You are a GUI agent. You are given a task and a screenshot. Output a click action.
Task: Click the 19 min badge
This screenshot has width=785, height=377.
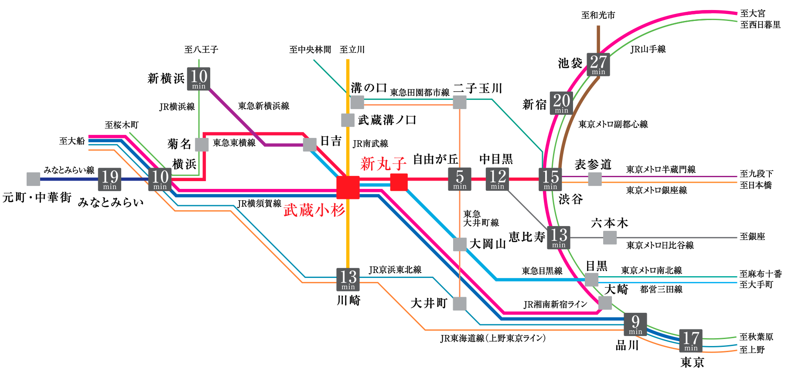pos(109,179)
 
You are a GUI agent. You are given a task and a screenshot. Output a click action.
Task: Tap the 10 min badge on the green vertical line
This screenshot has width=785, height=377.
pos(199,79)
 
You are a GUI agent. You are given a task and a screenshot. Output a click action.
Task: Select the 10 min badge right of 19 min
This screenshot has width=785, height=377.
pos(160,179)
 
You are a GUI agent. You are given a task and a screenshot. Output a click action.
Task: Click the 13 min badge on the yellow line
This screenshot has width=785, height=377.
pos(348,279)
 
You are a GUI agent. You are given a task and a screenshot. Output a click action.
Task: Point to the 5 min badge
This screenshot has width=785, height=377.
pos(460,179)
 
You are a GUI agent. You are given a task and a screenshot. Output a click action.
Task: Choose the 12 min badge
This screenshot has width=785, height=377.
pos(497,179)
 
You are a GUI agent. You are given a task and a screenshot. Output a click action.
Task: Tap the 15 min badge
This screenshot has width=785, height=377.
pos(550,179)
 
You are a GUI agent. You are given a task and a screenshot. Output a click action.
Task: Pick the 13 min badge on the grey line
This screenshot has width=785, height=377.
pos(559,238)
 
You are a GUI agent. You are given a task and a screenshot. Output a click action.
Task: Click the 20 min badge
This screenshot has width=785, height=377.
pos(561,103)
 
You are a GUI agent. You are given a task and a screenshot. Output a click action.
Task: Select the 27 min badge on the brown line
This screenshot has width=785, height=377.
pos(598,65)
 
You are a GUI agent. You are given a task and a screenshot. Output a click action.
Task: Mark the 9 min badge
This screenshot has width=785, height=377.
pos(635,324)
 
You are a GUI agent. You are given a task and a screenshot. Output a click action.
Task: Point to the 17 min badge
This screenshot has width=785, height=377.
pos(691,341)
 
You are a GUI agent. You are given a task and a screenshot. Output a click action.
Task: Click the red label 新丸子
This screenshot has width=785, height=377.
pos(383,164)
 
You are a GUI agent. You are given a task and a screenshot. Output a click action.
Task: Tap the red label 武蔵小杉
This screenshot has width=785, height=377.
pos(314,210)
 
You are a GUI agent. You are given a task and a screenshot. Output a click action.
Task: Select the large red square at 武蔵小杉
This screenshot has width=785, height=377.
pos(348,188)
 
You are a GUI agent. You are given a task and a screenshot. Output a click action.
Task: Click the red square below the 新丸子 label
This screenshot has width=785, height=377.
pos(399,182)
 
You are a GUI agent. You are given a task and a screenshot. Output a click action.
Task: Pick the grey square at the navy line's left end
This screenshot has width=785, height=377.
pos(34,179)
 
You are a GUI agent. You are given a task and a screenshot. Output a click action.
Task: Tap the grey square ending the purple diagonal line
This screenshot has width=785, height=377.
pos(310,144)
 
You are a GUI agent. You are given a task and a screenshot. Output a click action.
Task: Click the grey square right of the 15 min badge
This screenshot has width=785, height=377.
pos(595,179)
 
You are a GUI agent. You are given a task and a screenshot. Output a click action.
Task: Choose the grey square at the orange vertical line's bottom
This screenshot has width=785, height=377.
pos(460,303)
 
